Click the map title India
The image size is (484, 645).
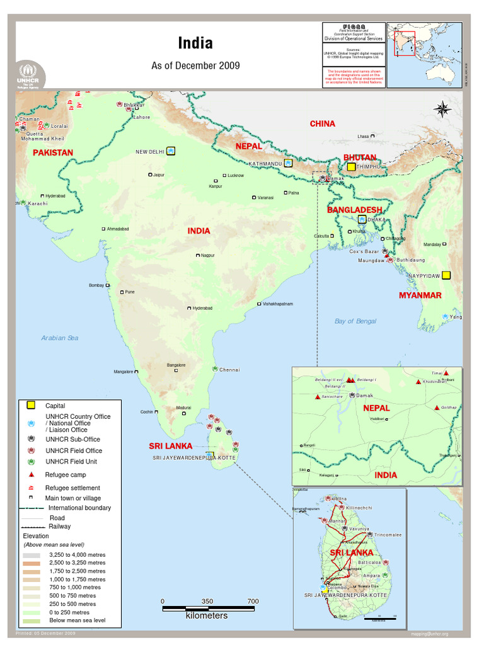[195, 43]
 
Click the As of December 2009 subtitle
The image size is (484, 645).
[195, 66]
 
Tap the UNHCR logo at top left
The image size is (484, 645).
[26, 75]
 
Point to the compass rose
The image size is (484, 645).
[442, 109]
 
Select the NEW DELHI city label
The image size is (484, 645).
[150, 152]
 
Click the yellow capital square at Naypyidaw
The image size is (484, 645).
[446, 275]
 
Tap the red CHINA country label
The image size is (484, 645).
[322, 124]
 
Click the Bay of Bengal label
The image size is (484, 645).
[355, 321]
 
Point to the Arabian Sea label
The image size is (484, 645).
[60, 338]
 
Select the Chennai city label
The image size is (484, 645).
[229, 370]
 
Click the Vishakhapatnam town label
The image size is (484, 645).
[278, 304]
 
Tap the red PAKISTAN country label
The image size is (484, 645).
[53, 153]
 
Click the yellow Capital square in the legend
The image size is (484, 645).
[31, 406]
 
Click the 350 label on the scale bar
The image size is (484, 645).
[207, 602]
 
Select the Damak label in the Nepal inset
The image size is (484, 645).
[365, 396]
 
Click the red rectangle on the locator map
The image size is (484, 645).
[405, 43]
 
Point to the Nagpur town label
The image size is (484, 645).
[207, 256]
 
